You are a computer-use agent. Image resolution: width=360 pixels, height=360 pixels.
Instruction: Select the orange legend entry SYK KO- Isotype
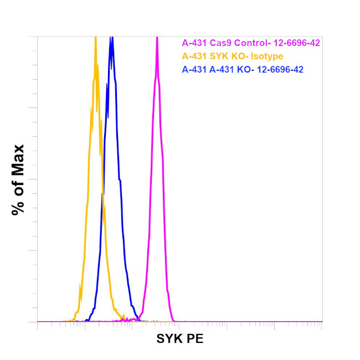pos(233,56)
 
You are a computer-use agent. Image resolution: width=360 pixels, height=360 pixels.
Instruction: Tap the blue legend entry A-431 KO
pos(243,69)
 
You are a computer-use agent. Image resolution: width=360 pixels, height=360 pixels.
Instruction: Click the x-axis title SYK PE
pos(180,339)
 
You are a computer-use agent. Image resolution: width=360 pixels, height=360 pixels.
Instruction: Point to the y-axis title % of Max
pos(18,179)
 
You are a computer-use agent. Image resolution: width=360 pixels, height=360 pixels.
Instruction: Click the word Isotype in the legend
pos(267,56)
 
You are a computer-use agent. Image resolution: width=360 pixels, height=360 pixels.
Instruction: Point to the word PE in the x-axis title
pos(196,339)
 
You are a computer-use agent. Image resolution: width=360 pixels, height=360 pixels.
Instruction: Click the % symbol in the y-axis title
pos(18,208)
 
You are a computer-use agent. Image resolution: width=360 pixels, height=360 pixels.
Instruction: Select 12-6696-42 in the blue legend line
pos(279,69)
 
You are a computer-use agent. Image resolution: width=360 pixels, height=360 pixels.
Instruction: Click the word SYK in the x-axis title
pos(169,339)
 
